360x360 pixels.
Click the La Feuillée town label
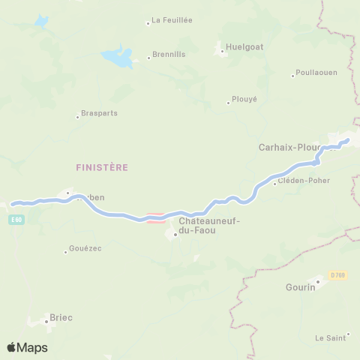(172, 20)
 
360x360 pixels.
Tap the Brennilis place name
(169, 55)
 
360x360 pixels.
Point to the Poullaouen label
(316, 73)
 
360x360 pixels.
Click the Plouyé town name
(244, 98)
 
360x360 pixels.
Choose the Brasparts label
(99, 113)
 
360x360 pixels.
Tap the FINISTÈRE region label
(102, 166)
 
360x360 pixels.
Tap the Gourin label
(300, 286)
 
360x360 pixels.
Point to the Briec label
(61, 317)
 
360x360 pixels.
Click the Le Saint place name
(330, 337)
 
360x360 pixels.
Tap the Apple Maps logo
(27, 347)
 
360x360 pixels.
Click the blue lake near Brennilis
(118, 55)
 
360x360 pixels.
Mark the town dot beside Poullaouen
(293, 75)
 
